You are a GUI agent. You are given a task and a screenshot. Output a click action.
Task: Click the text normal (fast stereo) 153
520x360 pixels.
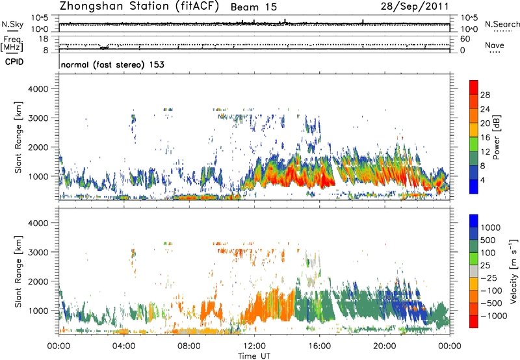tap(112, 65)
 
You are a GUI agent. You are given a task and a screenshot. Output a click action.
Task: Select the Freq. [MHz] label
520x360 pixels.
tap(12, 44)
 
